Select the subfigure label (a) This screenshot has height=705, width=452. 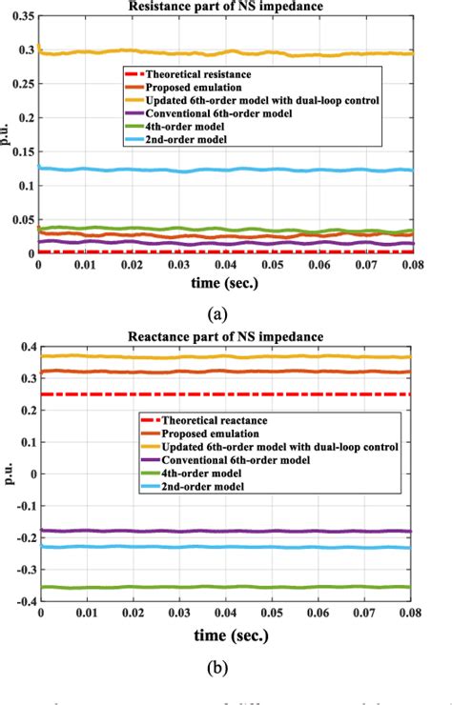point(225,311)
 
